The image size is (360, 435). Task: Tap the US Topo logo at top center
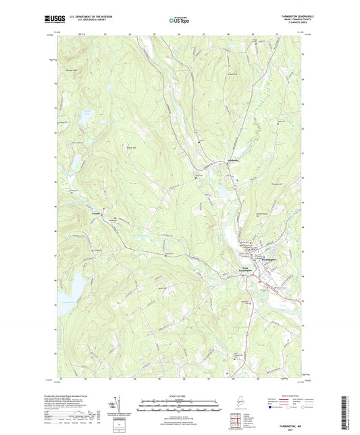pos(180,20)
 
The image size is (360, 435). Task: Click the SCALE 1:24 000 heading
pos(180,396)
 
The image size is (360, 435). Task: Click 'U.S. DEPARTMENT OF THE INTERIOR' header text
pos(82,16)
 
